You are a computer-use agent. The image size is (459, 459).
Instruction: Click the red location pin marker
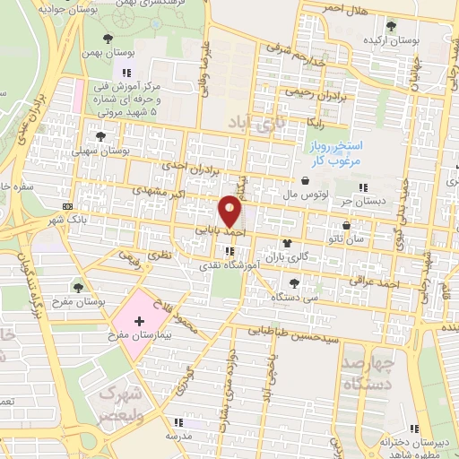(230, 211)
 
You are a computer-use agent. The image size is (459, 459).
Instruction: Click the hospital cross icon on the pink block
(137, 320)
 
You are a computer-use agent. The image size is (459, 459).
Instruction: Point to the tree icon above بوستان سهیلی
(100, 137)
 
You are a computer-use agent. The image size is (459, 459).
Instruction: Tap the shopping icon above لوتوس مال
(306, 180)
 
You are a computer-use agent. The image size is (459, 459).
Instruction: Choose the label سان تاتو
(346, 238)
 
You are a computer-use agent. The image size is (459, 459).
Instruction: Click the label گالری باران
(289, 256)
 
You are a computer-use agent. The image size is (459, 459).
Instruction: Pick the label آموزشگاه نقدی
(230, 266)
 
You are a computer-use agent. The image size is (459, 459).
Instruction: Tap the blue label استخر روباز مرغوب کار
(357, 152)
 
